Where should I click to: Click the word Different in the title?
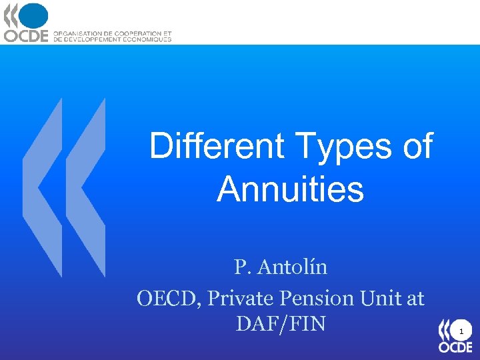(216, 146)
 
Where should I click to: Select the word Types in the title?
(343, 146)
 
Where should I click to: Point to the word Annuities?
(290, 189)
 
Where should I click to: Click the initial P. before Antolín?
(241, 267)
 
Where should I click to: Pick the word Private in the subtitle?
(239, 298)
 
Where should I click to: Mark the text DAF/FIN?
(281, 324)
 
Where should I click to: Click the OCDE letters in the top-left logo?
(27, 35)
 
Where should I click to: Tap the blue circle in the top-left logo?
(34, 16)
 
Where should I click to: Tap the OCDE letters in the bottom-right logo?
(455, 347)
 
